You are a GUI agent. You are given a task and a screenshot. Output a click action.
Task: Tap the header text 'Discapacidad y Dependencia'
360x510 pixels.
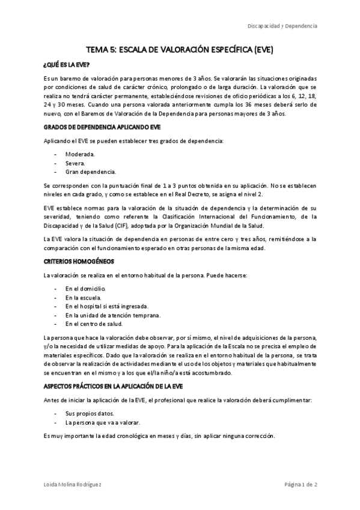[282, 26]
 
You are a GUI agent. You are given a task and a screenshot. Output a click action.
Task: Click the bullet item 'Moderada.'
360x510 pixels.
[80, 154]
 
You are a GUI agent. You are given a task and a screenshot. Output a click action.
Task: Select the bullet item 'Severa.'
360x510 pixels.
[76, 163]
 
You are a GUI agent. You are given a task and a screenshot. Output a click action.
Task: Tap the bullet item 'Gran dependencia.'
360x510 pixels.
[90, 172]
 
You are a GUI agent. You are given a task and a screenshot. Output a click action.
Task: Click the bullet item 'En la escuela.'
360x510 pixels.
[84, 298]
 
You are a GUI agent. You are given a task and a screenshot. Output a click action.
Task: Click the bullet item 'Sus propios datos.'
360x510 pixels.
[90, 414]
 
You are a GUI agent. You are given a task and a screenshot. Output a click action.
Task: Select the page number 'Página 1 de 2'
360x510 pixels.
[301, 485]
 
